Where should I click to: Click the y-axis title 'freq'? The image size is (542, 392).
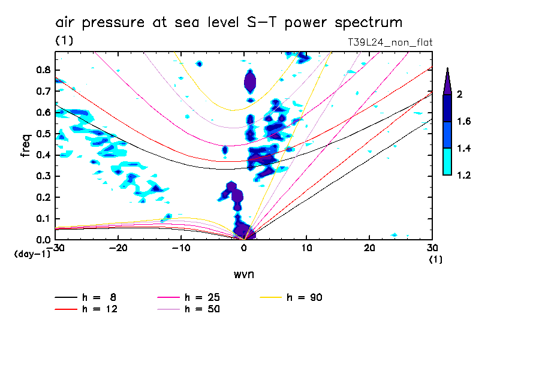[x=26, y=146]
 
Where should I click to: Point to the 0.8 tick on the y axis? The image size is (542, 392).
[x=44, y=70]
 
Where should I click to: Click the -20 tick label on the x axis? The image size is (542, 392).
[x=118, y=248]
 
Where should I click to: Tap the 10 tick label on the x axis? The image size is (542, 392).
[x=306, y=248]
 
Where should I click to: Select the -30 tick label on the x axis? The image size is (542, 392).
[x=56, y=248]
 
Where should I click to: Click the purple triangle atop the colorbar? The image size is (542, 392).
[x=447, y=82]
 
